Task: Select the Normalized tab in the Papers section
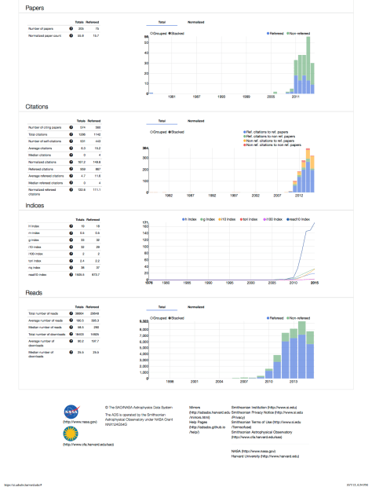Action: pos(195,24)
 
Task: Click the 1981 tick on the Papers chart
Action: pos(172,95)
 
